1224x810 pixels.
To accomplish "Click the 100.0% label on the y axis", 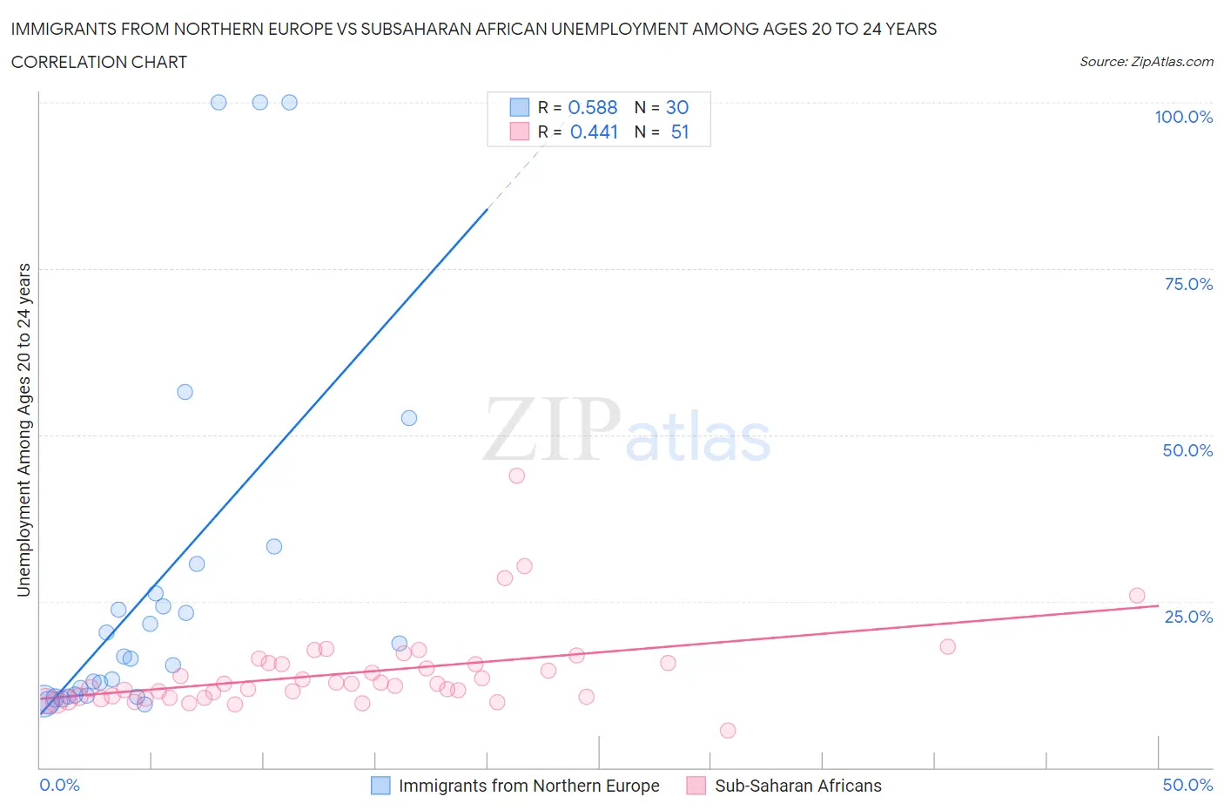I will click(x=1183, y=117).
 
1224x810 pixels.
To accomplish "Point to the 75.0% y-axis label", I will click(x=1188, y=284).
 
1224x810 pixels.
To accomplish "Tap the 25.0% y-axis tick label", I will click(x=1188, y=617).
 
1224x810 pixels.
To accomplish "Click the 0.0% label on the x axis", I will click(x=59, y=785).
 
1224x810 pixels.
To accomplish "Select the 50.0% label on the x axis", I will click(x=1187, y=785).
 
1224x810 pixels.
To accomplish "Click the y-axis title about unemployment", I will click(x=24, y=430).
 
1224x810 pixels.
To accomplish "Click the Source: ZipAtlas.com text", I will click(x=1146, y=62).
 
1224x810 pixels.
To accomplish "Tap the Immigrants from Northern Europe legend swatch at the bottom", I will click(x=380, y=786).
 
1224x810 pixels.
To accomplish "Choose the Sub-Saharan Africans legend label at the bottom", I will click(x=797, y=786).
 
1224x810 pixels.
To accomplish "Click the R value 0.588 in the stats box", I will click(x=593, y=107).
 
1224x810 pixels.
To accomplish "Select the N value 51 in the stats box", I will click(x=680, y=132).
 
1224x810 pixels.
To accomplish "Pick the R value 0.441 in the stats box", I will click(x=594, y=132).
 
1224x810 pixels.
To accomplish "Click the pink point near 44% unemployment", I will click(x=516, y=476).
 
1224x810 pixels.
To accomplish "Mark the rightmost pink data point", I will click(x=1136, y=596).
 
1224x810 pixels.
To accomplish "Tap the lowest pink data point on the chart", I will click(x=728, y=730).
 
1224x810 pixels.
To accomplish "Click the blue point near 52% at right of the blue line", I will click(x=409, y=418).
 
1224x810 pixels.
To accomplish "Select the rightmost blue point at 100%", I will click(x=290, y=102).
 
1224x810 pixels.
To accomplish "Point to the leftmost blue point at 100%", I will click(x=219, y=102).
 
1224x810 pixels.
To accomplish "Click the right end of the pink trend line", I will click(x=1158, y=605).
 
